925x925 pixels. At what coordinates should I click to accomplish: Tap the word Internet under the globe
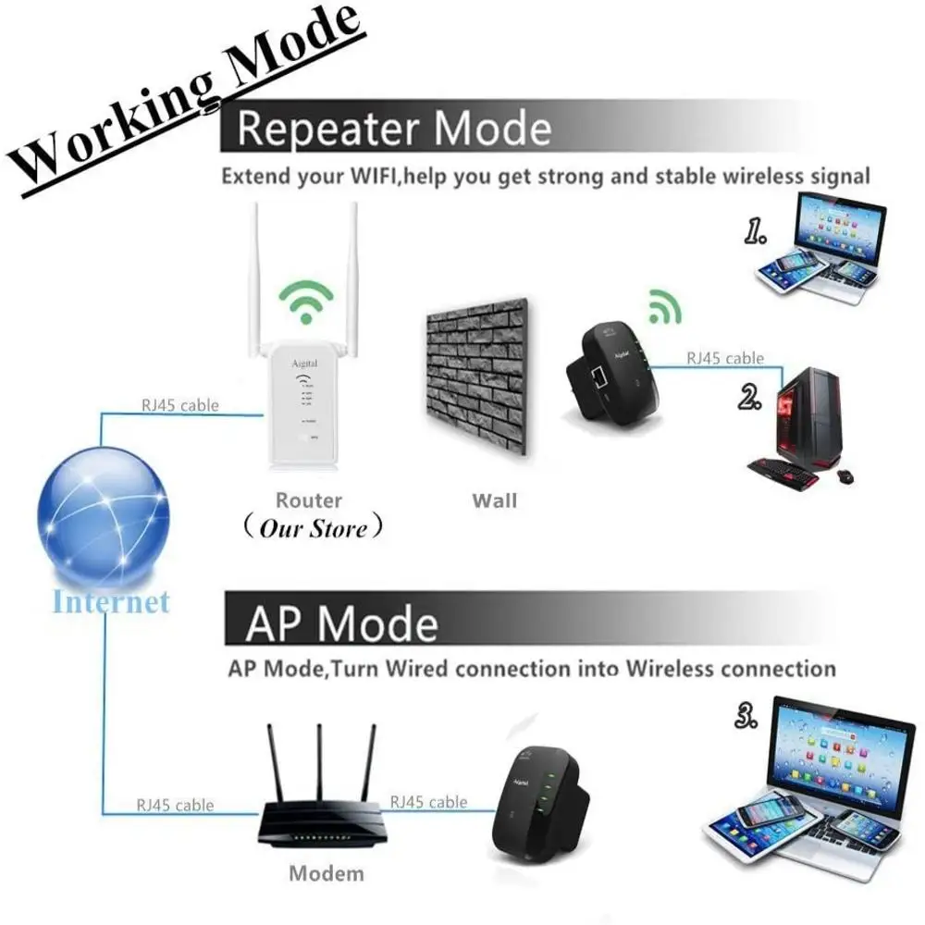111,602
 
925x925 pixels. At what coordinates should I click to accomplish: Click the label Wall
495,501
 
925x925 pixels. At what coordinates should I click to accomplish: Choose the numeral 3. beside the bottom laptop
748,714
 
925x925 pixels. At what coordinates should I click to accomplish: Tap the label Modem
327,872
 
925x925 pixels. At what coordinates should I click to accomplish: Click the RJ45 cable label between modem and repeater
429,802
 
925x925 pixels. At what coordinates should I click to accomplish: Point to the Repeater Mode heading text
394,129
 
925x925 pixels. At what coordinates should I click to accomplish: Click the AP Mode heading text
341,623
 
